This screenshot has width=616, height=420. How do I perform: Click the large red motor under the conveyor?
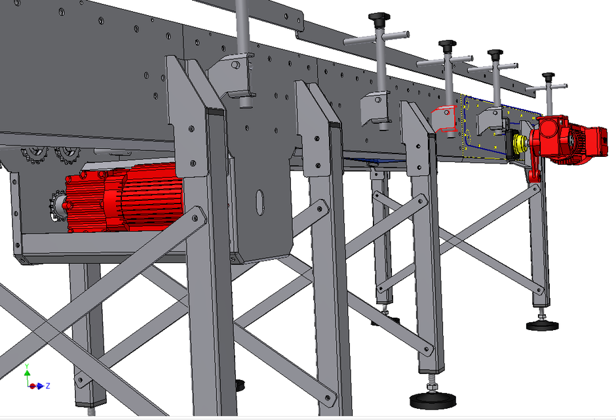[x=125, y=200]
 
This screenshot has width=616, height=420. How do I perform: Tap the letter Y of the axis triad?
[x=27, y=365]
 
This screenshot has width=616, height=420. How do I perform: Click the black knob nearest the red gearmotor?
[x=549, y=77]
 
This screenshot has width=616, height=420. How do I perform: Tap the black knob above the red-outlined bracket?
[x=447, y=44]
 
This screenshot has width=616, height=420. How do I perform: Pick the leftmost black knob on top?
[x=377, y=16]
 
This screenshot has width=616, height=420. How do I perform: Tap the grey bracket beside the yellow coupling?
[x=490, y=120]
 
